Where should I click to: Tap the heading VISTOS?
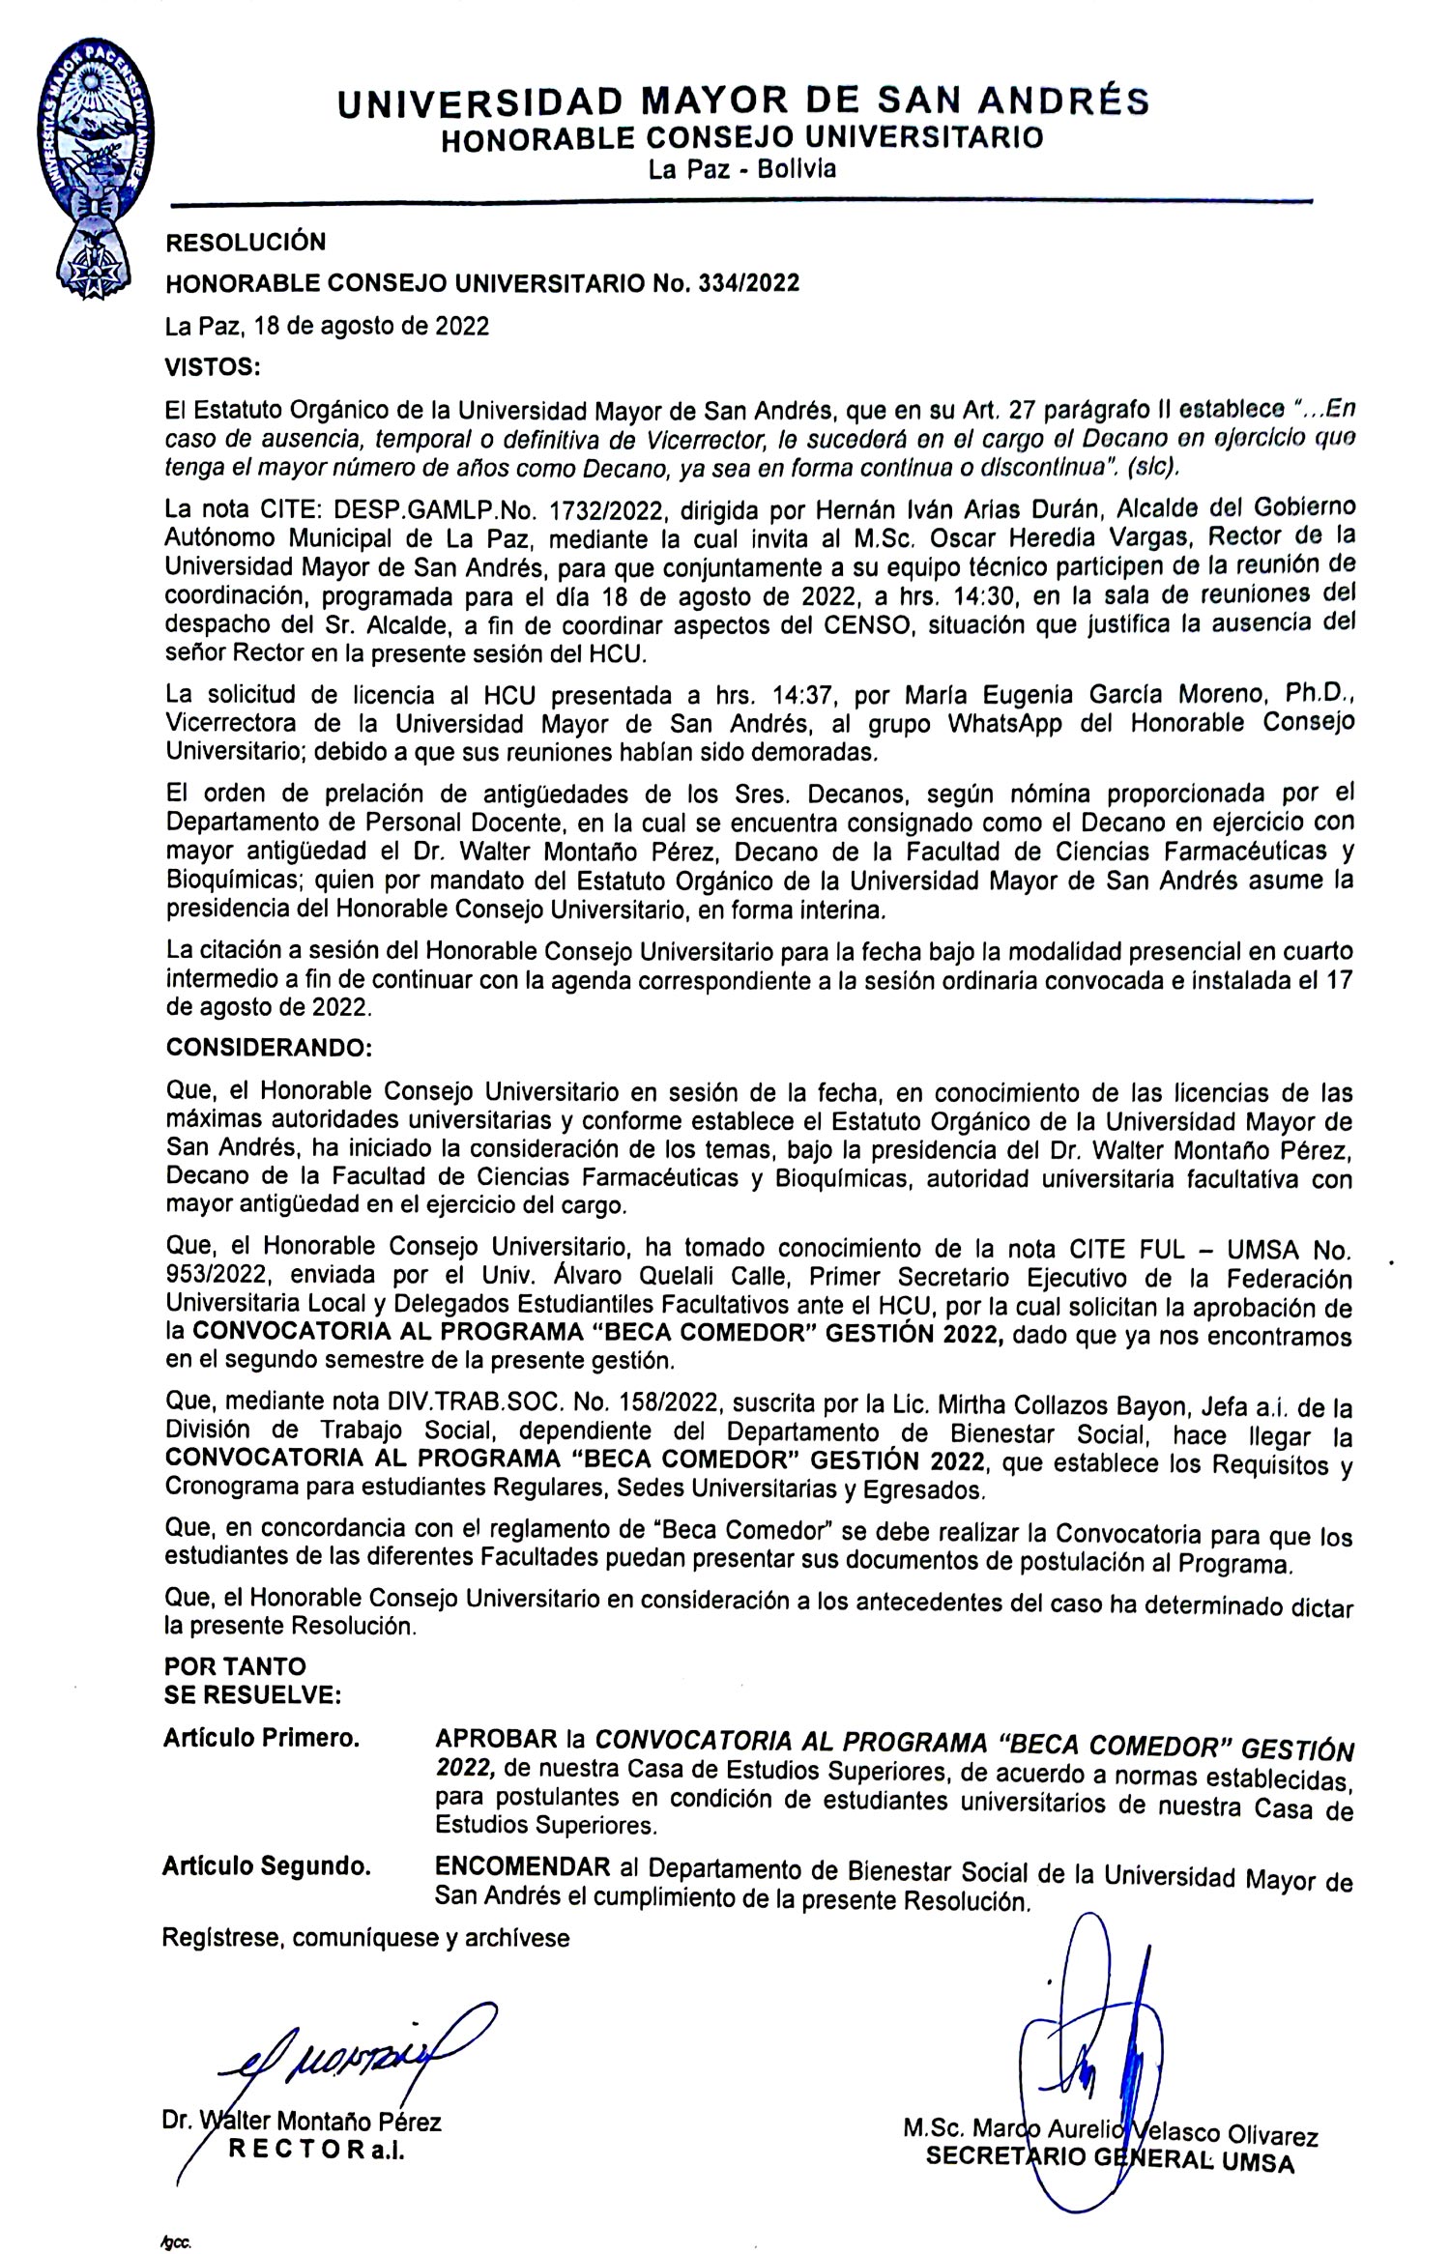[213, 367]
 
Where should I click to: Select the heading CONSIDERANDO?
[268, 1048]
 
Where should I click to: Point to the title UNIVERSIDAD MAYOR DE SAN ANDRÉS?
[742, 101]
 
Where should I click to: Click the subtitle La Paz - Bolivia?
[742, 170]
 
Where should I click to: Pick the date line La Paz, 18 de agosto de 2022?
[327, 326]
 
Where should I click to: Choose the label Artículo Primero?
[262, 1738]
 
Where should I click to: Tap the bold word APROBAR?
[497, 1738]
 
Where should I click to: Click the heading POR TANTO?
[235, 1666]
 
